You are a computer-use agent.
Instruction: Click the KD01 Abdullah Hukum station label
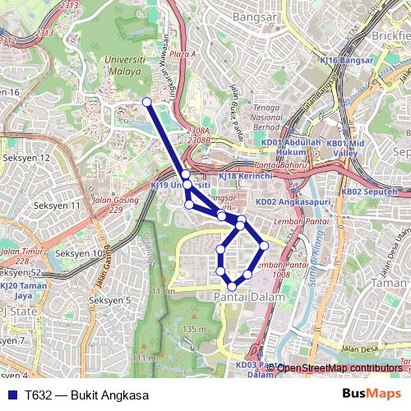289,146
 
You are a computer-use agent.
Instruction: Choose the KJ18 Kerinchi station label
238,176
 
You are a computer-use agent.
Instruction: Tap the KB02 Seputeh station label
363,192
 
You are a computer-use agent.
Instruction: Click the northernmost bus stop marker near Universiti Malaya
147,102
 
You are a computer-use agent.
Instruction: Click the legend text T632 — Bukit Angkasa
92,395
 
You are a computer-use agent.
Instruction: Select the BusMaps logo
371,394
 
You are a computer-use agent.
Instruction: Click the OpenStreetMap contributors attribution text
339,367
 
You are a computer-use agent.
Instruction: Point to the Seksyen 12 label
26,157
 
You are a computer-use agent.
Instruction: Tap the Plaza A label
183,54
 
